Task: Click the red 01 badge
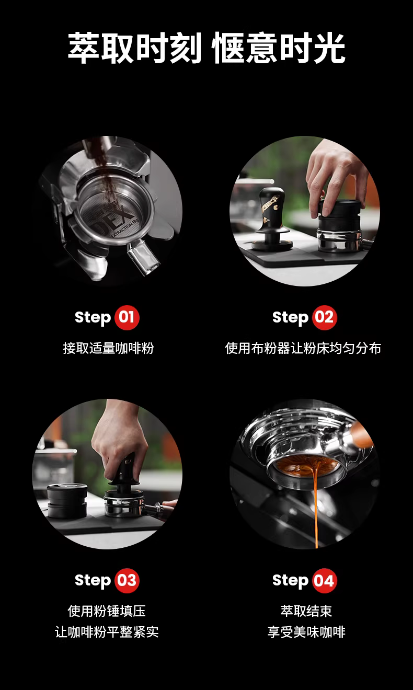[127, 318]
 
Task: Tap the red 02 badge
[324, 318]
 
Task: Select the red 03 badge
[127, 581]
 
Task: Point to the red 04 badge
[324, 581]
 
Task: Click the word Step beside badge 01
[93, 318]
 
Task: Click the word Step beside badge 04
[291, 581]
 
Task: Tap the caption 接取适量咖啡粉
[108, 348]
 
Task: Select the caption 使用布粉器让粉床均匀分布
[303, 348]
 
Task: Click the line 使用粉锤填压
[107, 611]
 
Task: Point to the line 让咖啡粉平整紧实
[107, 632]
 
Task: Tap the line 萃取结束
[306, 611]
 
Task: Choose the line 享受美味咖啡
[306, 632]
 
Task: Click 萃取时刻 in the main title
[134, 49]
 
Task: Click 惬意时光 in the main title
[279, 49]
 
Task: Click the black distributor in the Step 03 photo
[67, 501]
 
